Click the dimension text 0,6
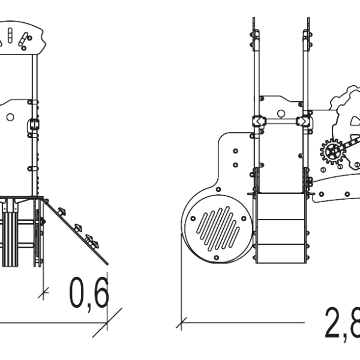tap(89, 295)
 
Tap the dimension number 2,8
tap(342, 324)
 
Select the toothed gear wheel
tap(333, 152)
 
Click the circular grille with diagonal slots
tap(218, 229)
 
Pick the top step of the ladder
tap(281, 206)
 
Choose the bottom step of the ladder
tap(281, 253)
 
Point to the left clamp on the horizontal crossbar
tap(259, 121)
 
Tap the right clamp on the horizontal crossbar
tap(303, 121)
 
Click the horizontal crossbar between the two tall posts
tap(281, 121)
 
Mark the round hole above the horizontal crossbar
tap(281, 113)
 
